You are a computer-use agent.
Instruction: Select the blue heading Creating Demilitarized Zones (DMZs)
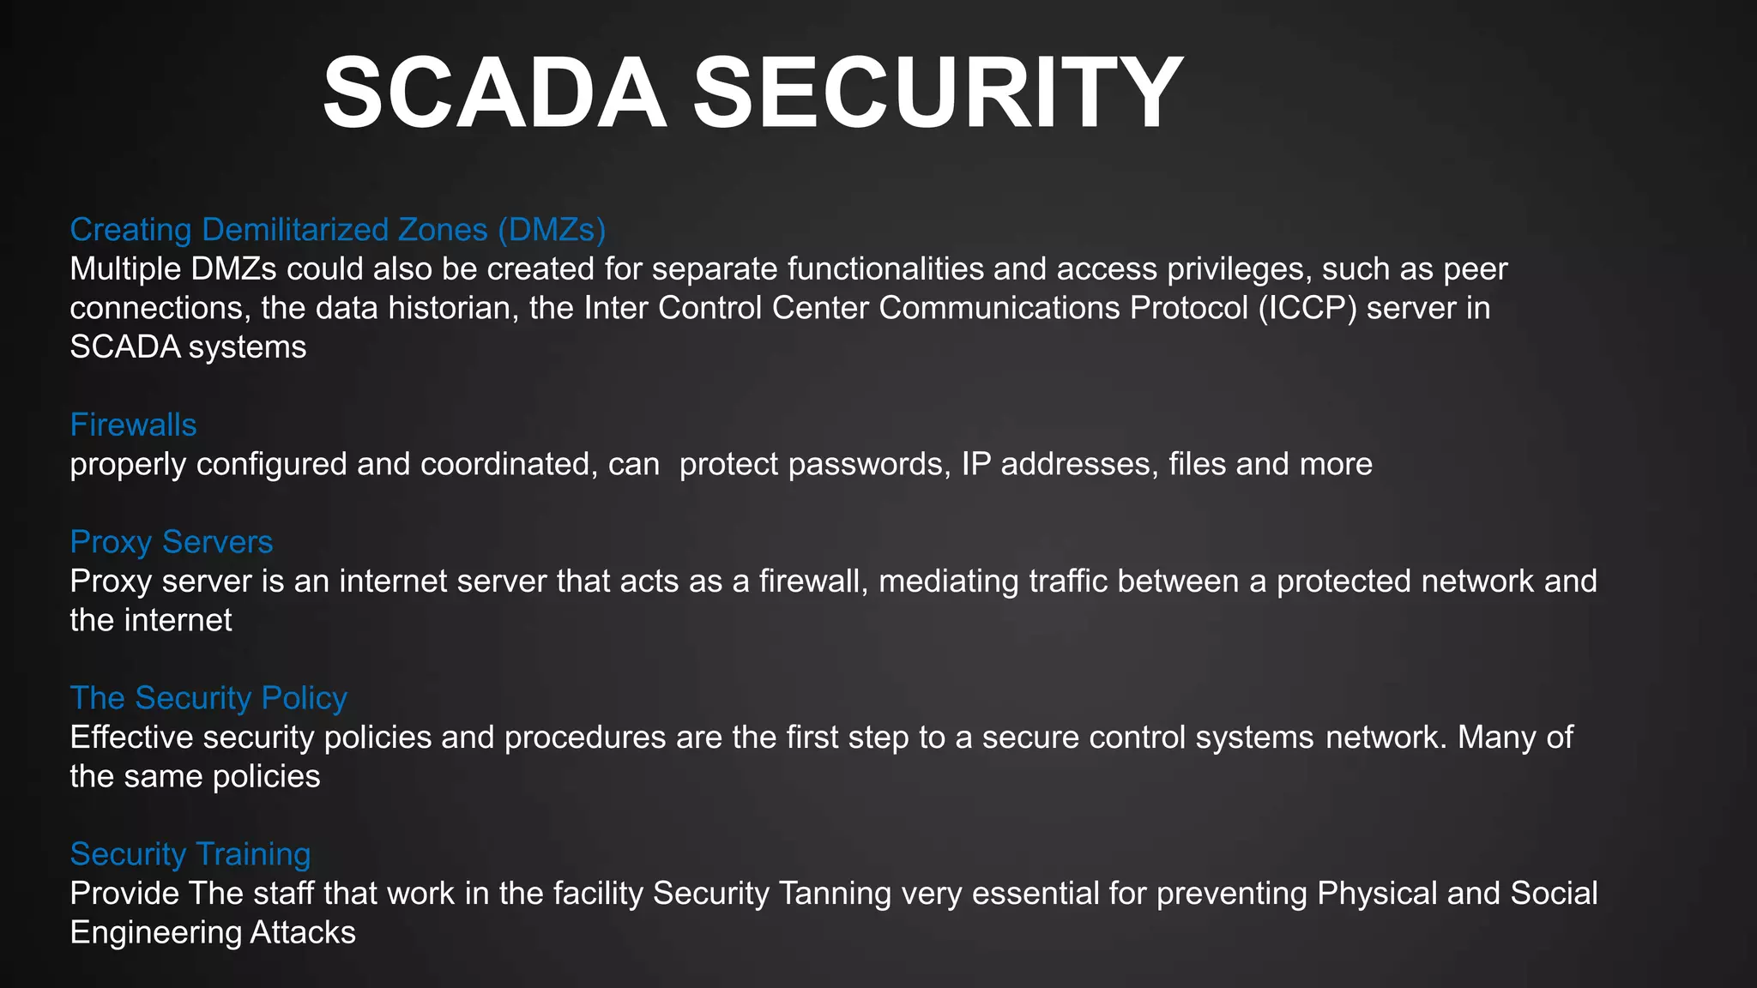[338, 230]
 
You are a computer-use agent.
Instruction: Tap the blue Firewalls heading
[133, 425]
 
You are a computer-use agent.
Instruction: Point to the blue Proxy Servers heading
[172, 542]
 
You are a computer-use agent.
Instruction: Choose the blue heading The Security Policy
[208, 698]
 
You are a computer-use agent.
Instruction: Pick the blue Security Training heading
[190, 854]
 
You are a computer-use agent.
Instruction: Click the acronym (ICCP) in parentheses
[1307, 308]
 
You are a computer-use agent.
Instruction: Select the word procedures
[585, 738]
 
